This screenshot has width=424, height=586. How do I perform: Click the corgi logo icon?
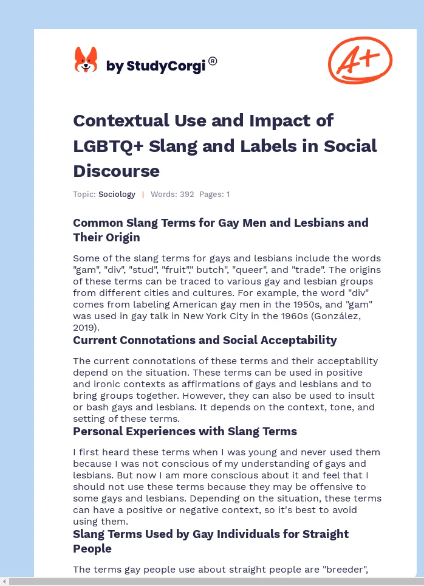click(x=86, y=60)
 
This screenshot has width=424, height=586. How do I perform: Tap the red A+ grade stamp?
click(x=360, y=60)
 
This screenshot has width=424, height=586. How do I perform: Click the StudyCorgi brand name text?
click(x=156, y=66)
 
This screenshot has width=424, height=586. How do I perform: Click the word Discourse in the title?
click(x=116, y=171)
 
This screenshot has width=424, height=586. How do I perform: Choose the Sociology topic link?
click(x=117, y=195)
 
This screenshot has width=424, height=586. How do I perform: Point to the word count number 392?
click(x=186, y=195)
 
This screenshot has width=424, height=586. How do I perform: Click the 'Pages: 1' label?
click(x=214, y=195)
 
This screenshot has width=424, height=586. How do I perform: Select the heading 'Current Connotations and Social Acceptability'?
click(x=205, y=340)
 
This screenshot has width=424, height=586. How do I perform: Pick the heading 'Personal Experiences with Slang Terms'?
click(x=185, y=431)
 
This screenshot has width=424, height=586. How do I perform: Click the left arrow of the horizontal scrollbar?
click(x=4, y=582)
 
